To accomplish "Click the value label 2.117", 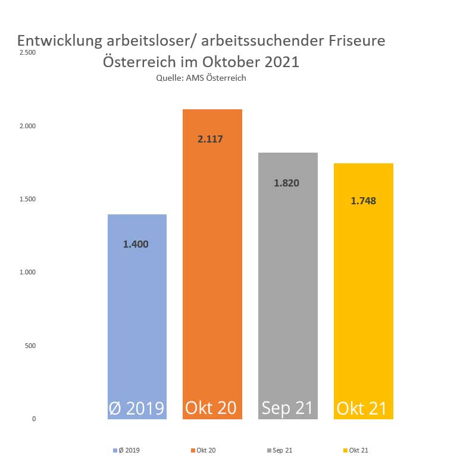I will tap(212, 140).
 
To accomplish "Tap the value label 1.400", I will tap(136, 244).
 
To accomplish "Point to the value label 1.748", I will tap(363, 201).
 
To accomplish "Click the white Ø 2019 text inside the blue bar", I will tap(136, 409).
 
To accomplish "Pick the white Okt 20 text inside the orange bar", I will tap(211, 408).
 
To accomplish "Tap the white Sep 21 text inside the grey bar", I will tap(287, 408).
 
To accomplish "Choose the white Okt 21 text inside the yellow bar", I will tap(362, 409).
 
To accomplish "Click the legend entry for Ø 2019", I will tap(126, 451).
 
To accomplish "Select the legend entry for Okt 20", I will tap(203, 451).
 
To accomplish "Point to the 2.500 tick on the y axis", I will tap(28, 53).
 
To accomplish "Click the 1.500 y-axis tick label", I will tap(28, 199).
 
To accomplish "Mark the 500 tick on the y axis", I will tap(30, 346).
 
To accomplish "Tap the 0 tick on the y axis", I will tap(34, 419).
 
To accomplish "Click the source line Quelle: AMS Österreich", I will tap(201, 78).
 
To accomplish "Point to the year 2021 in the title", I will tap(277, 62).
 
